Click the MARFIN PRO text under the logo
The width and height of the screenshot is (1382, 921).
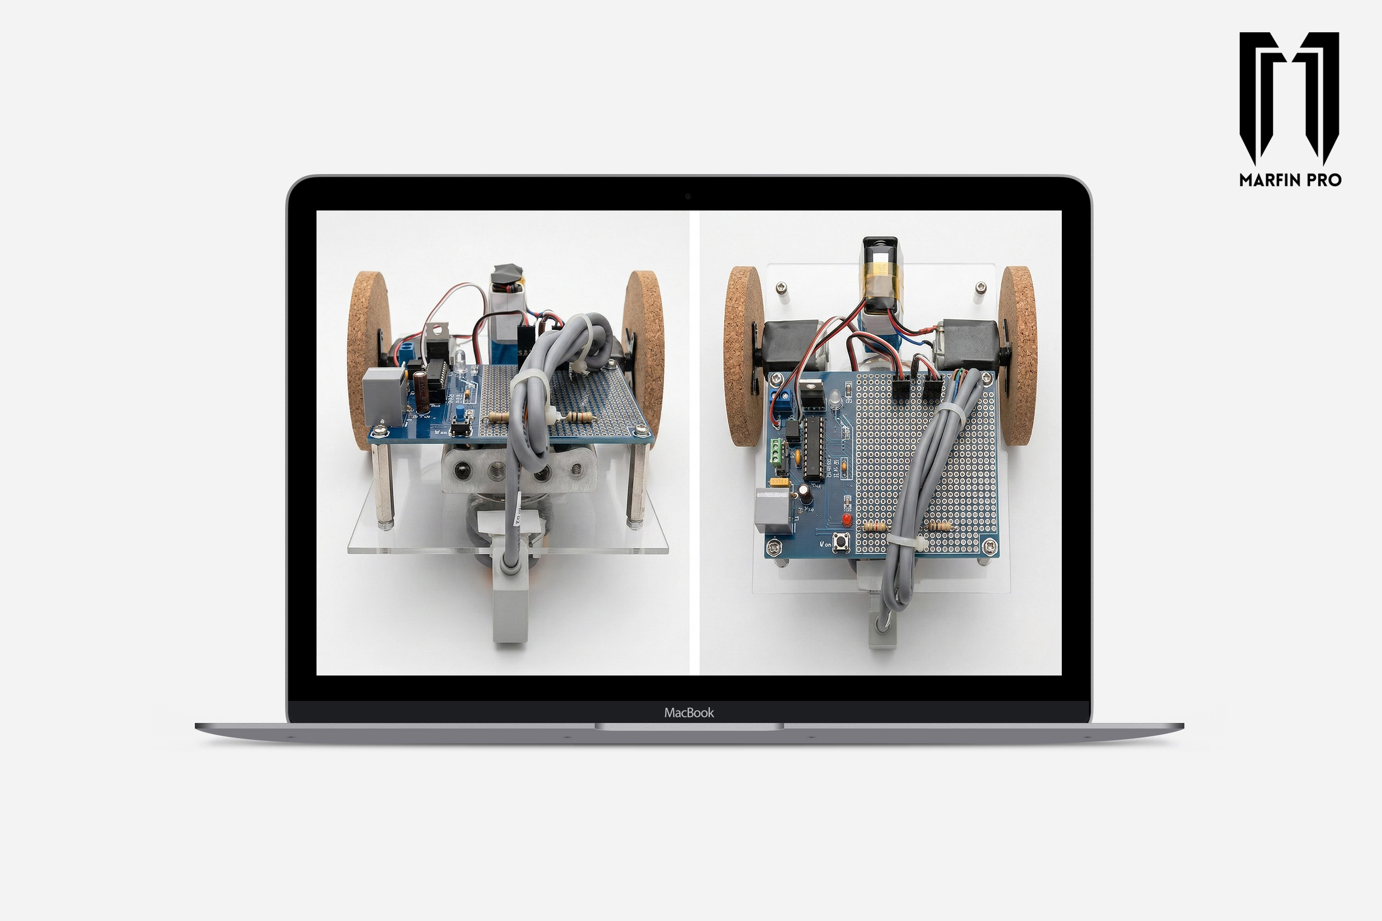[x=1290, y=180]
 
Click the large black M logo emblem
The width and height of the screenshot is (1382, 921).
[x=1288, y=97]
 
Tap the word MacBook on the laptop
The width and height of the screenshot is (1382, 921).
[x=689, y=712]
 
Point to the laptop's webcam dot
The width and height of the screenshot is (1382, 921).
[x=687, y=196]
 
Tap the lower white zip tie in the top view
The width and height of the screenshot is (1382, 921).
[x=905, y=541]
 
